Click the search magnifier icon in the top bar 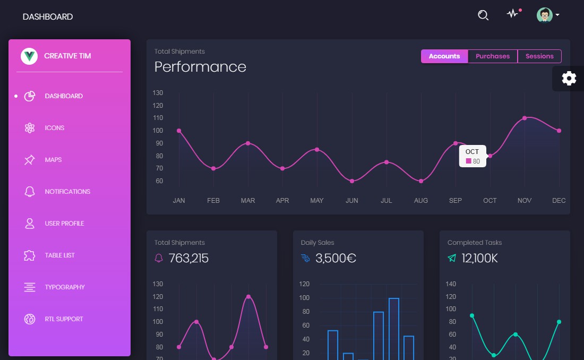[483, 15]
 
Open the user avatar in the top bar [544, 15]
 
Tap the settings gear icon [569, 79]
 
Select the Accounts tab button [444, 56]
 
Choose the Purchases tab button [493, 56]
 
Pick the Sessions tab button [539, 56]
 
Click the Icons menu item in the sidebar [54, 128]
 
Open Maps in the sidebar [53, 160]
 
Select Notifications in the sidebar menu [67, 192]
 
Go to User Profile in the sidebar [64, 224]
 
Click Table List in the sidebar [59, 255]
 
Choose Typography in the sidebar [65, 287]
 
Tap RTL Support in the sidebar [64, 319]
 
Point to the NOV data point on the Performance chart [525, 118]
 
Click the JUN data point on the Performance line [351, 181]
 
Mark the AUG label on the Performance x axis [420, 201]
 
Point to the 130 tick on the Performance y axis [158, 93]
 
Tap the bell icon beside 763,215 [159, 259]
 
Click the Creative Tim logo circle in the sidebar [29, 56]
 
